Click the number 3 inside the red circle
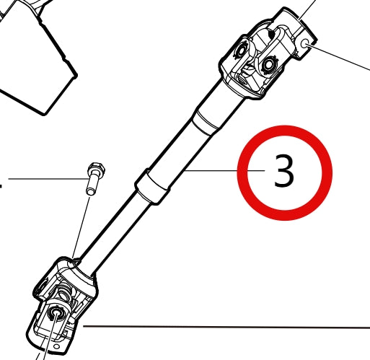(284, 172)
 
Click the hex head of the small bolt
(94, 170)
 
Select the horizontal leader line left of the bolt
(43, 177)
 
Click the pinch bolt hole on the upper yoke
(308, 45)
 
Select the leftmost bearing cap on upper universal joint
(239, 53)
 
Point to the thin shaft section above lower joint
(115, 231)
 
